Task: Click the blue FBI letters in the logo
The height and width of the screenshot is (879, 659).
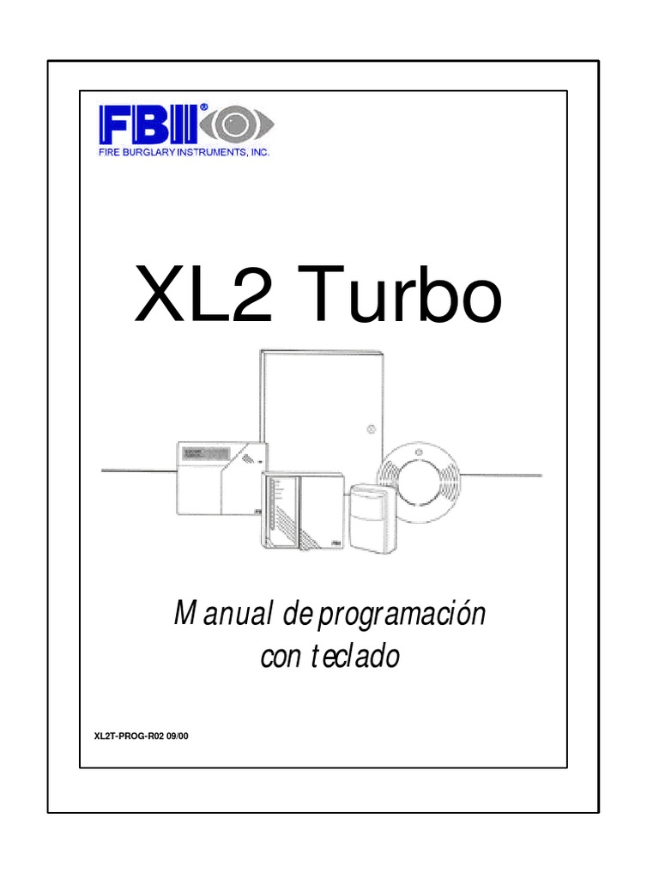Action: click(x=148, y=125)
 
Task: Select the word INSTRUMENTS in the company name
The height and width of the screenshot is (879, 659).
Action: click(x=211, y=153)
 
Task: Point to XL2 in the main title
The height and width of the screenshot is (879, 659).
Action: click(x=204, y=295)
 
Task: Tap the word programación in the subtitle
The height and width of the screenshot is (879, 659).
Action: click(x=402, y=615)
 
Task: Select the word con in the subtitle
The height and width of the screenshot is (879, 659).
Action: click(x=281, y=658)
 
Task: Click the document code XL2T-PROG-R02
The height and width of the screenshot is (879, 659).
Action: click(x=129, y=736)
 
